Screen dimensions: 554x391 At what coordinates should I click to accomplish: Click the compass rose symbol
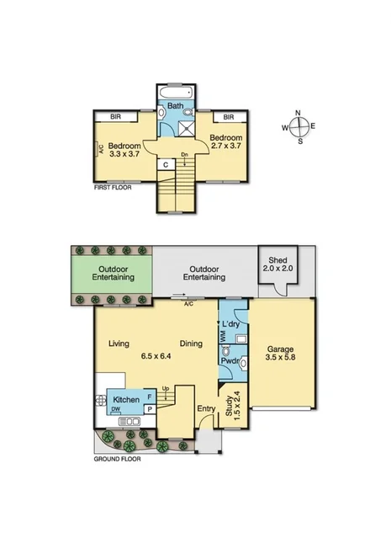[300, 127]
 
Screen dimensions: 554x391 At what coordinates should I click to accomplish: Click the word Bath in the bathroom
[175, 106]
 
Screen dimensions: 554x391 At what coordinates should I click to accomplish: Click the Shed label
[276, 260]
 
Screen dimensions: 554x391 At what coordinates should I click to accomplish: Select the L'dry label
[230, 323]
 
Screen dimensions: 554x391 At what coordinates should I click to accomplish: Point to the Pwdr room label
[230, 361]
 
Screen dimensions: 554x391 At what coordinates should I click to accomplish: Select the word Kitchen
[126, 398]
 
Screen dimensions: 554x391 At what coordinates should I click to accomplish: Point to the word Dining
[193, 344]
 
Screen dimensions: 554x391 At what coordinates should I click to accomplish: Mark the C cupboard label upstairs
[167, 164]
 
